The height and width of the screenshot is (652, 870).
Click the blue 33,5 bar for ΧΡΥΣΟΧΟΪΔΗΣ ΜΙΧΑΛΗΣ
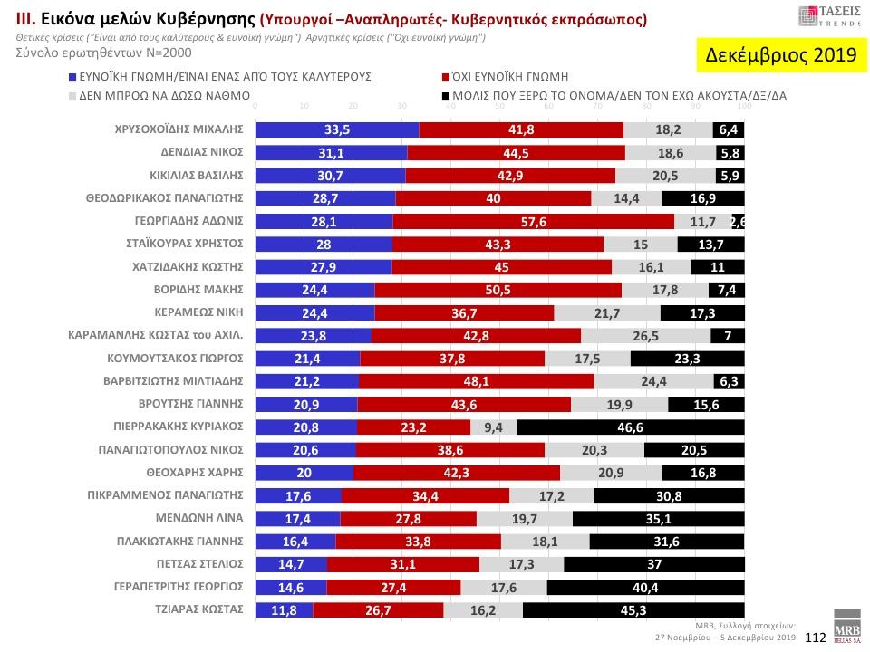tap(337, 129)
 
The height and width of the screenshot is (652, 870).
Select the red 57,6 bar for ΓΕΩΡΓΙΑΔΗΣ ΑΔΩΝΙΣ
tap(533, 222)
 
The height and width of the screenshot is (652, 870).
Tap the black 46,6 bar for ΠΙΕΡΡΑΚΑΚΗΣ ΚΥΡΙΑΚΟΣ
tap(630, 427)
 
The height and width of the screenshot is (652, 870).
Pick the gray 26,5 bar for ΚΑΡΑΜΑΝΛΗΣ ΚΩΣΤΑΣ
tap(645, 335)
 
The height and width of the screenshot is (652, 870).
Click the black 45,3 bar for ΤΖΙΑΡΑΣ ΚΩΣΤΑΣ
tap(633, 610)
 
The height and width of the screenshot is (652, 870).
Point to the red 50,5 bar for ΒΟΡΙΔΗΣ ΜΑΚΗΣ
tap(498, 290)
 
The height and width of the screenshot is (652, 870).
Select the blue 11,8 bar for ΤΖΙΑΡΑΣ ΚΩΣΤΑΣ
tap(284, 610)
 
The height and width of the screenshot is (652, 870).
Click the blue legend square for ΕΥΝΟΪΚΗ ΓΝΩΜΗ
tap(72, 78)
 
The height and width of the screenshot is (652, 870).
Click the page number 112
tap(814, 638)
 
